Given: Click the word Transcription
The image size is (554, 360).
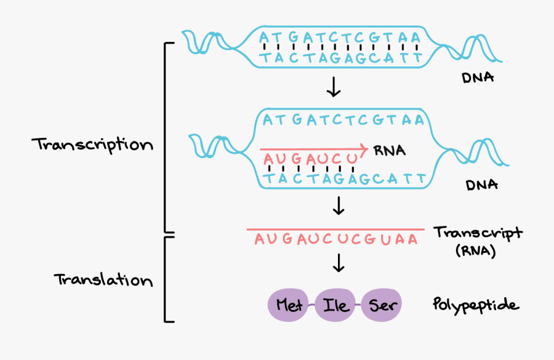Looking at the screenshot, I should (92, 145).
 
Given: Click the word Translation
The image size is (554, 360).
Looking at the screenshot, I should (103, 280).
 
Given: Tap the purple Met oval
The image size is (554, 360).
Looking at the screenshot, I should (289, 305).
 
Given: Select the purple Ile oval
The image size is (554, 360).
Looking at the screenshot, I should (337, 305).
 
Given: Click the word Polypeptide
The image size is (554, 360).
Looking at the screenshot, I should (475, 305).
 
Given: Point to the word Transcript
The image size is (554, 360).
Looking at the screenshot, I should (478, 233).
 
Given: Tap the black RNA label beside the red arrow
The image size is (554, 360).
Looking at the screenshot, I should (389, 150).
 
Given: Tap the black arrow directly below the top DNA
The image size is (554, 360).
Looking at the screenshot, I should (333, 88).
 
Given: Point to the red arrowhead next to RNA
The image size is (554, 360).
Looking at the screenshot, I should (364, 149).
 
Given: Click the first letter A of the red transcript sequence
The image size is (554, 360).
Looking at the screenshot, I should (259, 239).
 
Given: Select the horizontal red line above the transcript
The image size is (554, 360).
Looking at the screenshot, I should (335, 230).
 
